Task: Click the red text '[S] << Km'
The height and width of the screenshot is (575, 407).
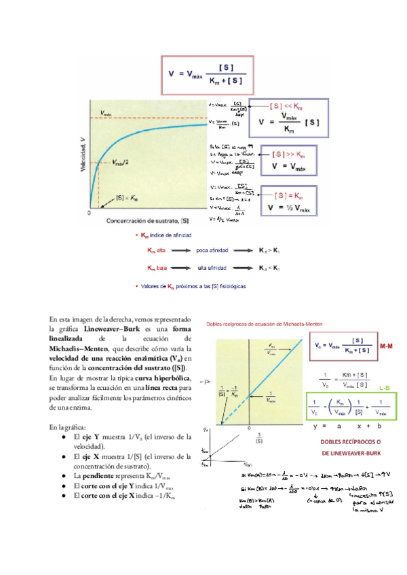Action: [x=288, y=106]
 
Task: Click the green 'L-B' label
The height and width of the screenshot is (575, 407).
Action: [x=384, y=387]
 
